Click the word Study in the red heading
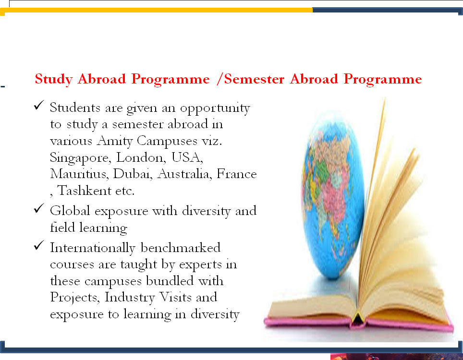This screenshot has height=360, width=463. (x=54, y=79)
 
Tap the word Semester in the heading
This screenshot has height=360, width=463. (x=254, y=79)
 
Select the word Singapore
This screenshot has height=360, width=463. (x=80, y=158)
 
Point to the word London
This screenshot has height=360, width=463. (x=141, y=157)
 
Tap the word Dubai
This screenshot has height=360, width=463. (x=133, y=173)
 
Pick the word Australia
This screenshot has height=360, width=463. (x=184, y=173)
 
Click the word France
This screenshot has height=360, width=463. (x=236, y=173)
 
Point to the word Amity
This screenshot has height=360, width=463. (x=115, y=141)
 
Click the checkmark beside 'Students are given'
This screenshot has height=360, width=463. (x=39, y=105)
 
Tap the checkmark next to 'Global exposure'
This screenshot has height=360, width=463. (x=39, y=208)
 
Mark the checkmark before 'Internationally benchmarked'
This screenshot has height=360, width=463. (x=39, y=245)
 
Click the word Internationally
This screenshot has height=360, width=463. (x=92, y=248)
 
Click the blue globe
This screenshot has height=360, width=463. (x=332, y=195)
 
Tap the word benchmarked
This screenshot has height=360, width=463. (x=181, y=247)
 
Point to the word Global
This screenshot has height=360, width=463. (x=70, y=211)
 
